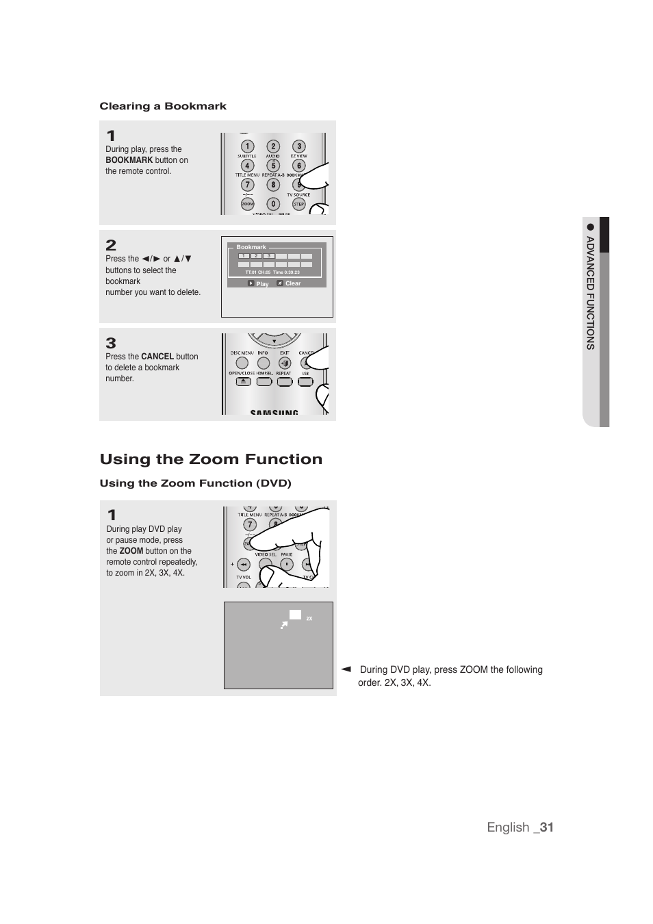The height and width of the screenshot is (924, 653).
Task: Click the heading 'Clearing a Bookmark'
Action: pyautogui.click(x=163, y=106)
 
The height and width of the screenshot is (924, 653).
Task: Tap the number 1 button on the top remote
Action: pyautogui.click(x=247, y=146)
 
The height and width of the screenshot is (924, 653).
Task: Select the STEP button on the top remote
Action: pyautogui.click(x=298, y=204)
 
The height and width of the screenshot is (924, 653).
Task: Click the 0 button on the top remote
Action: pyautogui.click(x=273, y=204)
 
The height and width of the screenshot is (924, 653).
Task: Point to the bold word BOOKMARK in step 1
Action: pyautogui.click(x=129, y=160)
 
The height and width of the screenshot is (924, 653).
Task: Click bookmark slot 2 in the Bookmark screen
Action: pyautogui.click(x=256, y=256)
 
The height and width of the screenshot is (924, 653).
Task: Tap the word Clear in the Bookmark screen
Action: pyautogui.click(x=293, y=283)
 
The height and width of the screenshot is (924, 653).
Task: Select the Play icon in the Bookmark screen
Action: pyautogui.click(x=251, y=283)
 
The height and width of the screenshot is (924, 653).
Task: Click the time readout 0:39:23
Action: pyautogui.click(x=290, y=272)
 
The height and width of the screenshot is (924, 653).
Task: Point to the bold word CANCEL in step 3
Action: pyautogui.click(x=157, y=357)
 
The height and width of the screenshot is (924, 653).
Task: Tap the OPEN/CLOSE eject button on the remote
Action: pyautogui.click(x=242, y=382)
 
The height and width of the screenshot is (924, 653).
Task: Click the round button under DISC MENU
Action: pyautogui.click(x=242, y=363)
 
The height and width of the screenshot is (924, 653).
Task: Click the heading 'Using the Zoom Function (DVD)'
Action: pyautogui.click(x=195, y=483)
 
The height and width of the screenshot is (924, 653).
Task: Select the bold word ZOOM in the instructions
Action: pyautogui.click(x=131, y=551)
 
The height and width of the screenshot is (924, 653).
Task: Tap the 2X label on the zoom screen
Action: pyautogui.click(x=309, y=619)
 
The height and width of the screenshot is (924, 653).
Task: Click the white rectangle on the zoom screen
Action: pyautogui.click(x=295, y=615)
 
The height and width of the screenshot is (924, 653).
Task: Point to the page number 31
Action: pyautogui.click(x=546, y=827)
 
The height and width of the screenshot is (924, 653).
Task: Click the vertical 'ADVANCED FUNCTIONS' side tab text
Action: pyautogui.click(x=590, y=293)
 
